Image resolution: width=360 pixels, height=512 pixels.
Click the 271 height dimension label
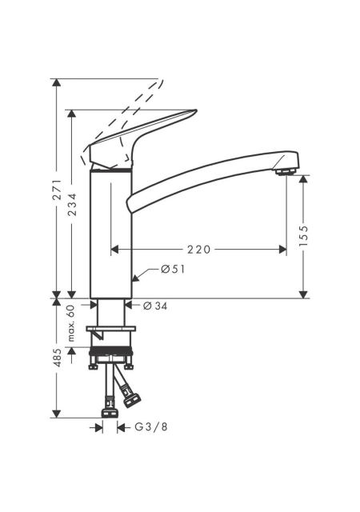[57, 189]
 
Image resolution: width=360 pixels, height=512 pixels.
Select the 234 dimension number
[73, 205]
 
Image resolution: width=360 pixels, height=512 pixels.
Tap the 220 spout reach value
[199, 250]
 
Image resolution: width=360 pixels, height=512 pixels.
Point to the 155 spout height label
[304, 236]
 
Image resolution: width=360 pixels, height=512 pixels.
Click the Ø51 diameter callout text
[173, 270]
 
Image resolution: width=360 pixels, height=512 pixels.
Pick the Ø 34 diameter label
[155, 306]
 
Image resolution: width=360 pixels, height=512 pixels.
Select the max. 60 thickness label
[71, 323]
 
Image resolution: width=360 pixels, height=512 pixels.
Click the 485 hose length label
[58, 358]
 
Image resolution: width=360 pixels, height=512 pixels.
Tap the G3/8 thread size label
[151, 426]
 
